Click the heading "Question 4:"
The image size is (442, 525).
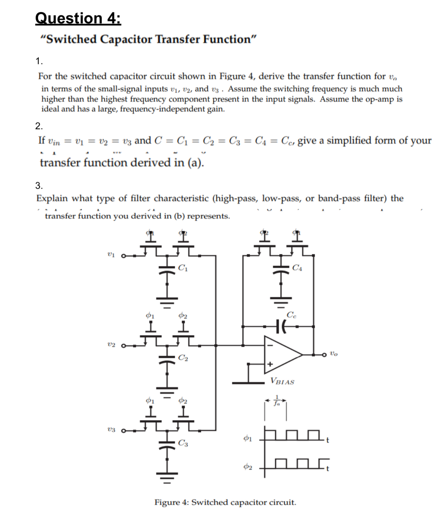coord(78,18)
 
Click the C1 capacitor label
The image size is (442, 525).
coord(183,268)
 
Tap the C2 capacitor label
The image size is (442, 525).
coord(183,358)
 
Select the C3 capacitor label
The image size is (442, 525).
coord(183,443)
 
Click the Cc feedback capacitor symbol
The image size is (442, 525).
coord(281,327)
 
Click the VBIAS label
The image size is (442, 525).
coord(282,381)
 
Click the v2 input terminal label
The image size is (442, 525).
coord(111,345)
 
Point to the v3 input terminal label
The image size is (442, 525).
coord(111,430)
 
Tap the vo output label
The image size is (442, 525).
coord(334,353)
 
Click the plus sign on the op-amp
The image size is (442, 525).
coord(270,364)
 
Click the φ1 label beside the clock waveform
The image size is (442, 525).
coord(248,438)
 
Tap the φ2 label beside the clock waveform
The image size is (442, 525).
coord(248,466)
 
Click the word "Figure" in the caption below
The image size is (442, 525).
coord(168,502)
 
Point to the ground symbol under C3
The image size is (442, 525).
coord(167,476)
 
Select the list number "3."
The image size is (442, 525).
coord(39,186)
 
